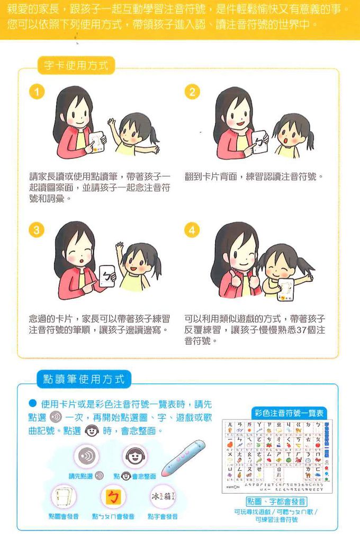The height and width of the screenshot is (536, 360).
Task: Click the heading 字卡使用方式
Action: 76,66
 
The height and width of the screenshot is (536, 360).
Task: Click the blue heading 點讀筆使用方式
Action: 84,379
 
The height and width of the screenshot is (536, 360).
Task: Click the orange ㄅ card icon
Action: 113,497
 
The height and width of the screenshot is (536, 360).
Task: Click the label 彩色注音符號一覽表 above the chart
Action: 289,413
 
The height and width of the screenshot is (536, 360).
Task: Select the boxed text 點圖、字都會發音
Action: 277,501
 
